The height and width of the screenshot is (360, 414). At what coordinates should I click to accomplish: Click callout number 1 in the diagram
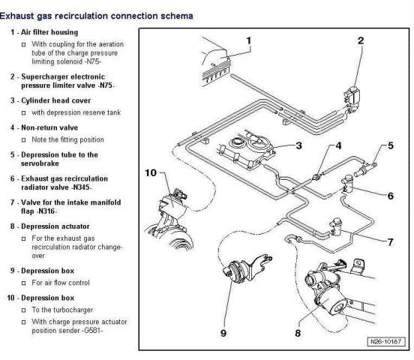(x=249, y=40)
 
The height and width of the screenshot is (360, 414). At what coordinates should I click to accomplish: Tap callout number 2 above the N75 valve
(x=361, y=40)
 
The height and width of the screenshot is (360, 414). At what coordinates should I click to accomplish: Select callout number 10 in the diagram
(x=151, y=173)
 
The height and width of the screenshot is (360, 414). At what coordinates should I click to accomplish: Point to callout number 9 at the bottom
(x=223, y=333)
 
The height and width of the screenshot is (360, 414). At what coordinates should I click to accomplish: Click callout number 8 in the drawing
(x=298, y=333)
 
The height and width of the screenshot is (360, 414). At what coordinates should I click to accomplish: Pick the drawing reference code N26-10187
(x=385, y=341)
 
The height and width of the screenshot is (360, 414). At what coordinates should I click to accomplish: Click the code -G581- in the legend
(x=91, y=331)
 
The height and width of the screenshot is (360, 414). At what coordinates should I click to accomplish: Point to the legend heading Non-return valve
(x=49, y=127)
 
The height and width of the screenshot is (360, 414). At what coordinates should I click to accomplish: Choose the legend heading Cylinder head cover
(x=55, y=100)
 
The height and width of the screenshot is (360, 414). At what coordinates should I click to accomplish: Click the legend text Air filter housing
(x=49, y=32)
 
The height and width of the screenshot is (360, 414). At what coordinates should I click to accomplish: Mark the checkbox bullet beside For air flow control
(x=24, y=283)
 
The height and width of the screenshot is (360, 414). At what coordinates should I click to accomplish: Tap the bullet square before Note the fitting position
(x=24, y=140)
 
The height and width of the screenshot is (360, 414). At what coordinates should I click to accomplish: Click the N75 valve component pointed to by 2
(x=352, y=99)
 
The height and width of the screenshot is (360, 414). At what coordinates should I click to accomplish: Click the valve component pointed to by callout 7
(x=335, y=226)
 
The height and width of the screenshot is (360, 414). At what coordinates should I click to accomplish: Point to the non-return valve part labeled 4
(x=316, y=177)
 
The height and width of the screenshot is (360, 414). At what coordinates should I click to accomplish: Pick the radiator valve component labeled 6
(x=348, y=185)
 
